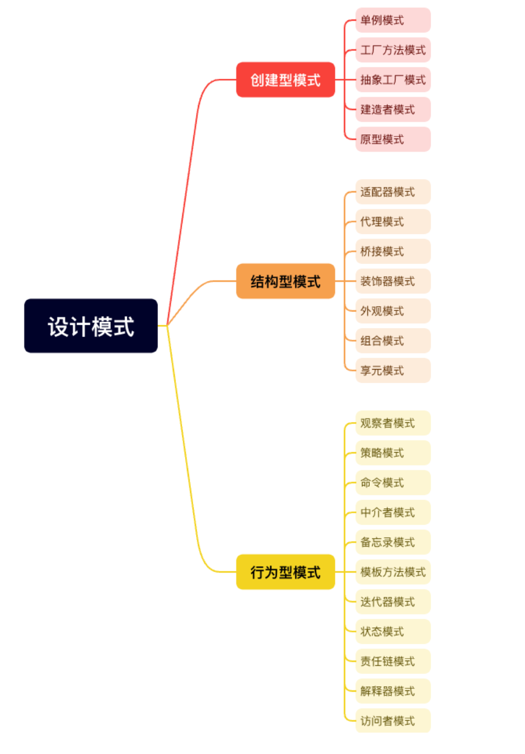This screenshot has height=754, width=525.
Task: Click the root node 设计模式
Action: [90, 326]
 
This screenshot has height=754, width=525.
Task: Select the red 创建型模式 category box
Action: [285, 79]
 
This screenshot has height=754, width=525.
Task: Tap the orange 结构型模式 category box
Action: [285, 281]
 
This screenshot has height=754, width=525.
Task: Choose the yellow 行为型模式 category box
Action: [285, 572]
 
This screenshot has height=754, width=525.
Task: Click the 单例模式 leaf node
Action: [393, 20]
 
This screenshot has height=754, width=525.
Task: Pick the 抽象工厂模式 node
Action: [393, 79]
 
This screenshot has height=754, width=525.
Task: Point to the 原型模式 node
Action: [393, 139]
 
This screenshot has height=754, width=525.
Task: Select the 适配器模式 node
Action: [393, 192]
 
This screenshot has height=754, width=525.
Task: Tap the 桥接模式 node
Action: [393, 251]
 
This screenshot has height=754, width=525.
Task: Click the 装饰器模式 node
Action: [393, 281]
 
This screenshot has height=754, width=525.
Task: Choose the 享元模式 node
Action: [393, 370]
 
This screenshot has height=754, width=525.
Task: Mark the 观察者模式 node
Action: [393, 423]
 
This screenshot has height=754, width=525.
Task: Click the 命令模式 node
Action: [393, 483]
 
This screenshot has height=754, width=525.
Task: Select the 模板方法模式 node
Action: [393, 572]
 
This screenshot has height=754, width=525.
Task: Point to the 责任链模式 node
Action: [393, 661]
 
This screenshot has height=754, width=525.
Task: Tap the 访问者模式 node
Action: [393, 721]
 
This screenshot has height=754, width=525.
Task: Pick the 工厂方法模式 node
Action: [393, 50]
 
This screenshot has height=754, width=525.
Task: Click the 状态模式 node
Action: [393, 631]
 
